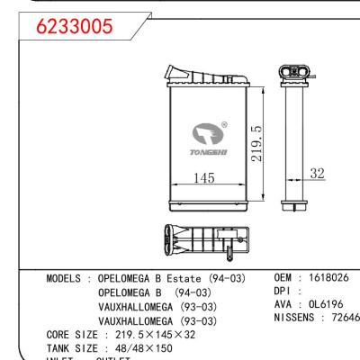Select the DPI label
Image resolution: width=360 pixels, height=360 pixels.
pos(284,292)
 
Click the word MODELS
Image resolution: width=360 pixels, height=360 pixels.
pos(67,279)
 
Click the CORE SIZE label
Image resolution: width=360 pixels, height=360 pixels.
pos(72,334)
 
